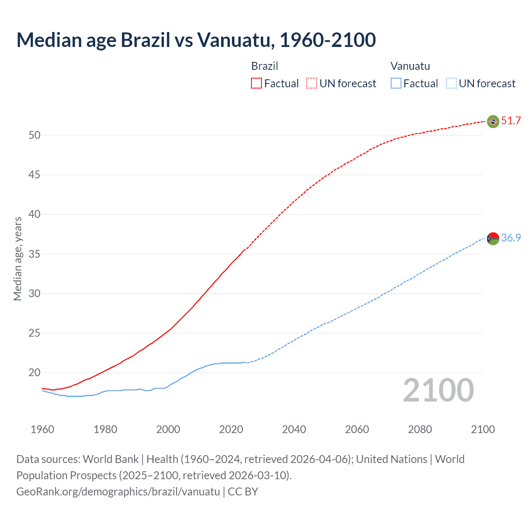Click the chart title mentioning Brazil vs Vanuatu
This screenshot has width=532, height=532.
coord(196,40)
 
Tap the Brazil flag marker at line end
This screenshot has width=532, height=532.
coord(493,121)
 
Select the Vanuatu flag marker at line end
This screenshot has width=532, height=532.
coord(493,239)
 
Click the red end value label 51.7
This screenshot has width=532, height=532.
coord(511,121)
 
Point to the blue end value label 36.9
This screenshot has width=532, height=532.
coord(511,238)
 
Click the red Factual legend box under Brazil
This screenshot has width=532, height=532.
coord(256,83)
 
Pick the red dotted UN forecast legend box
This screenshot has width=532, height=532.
coord(312,83)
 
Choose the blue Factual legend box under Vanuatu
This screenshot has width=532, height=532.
coord(396,83)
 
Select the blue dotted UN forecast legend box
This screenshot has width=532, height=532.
coord(451,83)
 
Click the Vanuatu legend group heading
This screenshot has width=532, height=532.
coord(410,66)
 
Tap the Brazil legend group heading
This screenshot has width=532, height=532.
coord(265,66)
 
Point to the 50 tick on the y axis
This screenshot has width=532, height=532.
coord(34,135)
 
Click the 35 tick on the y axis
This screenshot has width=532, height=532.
coord(34,254)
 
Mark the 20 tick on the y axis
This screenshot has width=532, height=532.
coord(34,373)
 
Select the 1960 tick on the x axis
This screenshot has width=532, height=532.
coord(42,429)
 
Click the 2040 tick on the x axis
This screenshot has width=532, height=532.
coord(294,429)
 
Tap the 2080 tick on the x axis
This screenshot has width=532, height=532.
coord(420,429)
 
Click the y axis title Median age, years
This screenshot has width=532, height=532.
coord(17,259)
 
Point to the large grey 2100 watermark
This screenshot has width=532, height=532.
coord(438,390)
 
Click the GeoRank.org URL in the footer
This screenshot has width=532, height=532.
coord(118,492)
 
